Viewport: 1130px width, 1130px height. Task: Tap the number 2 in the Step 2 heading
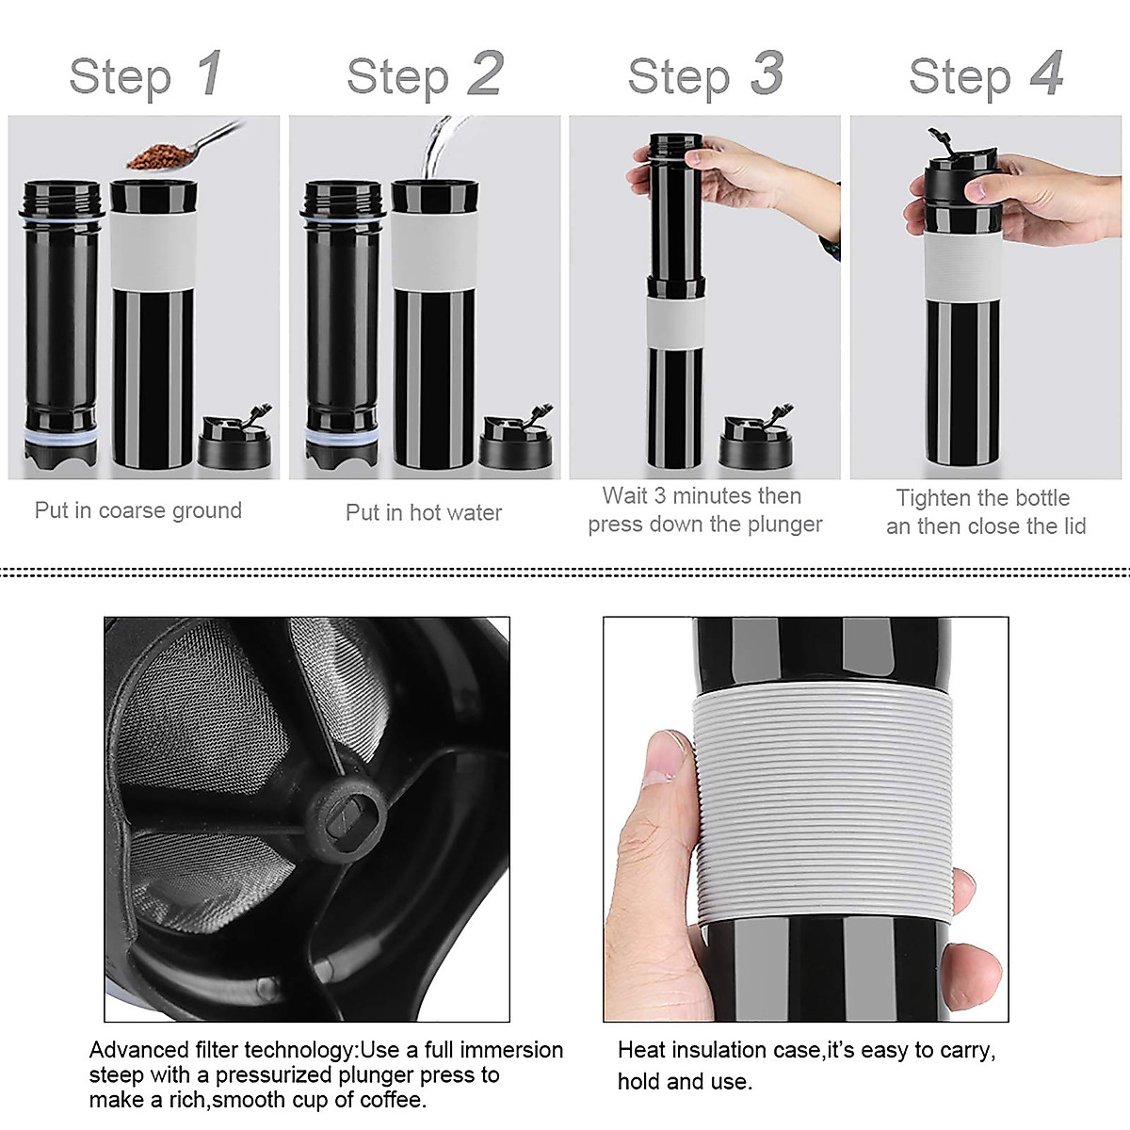point(485,73)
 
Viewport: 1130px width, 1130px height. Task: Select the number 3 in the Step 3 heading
point(767,73)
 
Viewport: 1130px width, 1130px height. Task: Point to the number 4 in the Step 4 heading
point(1046,73)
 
